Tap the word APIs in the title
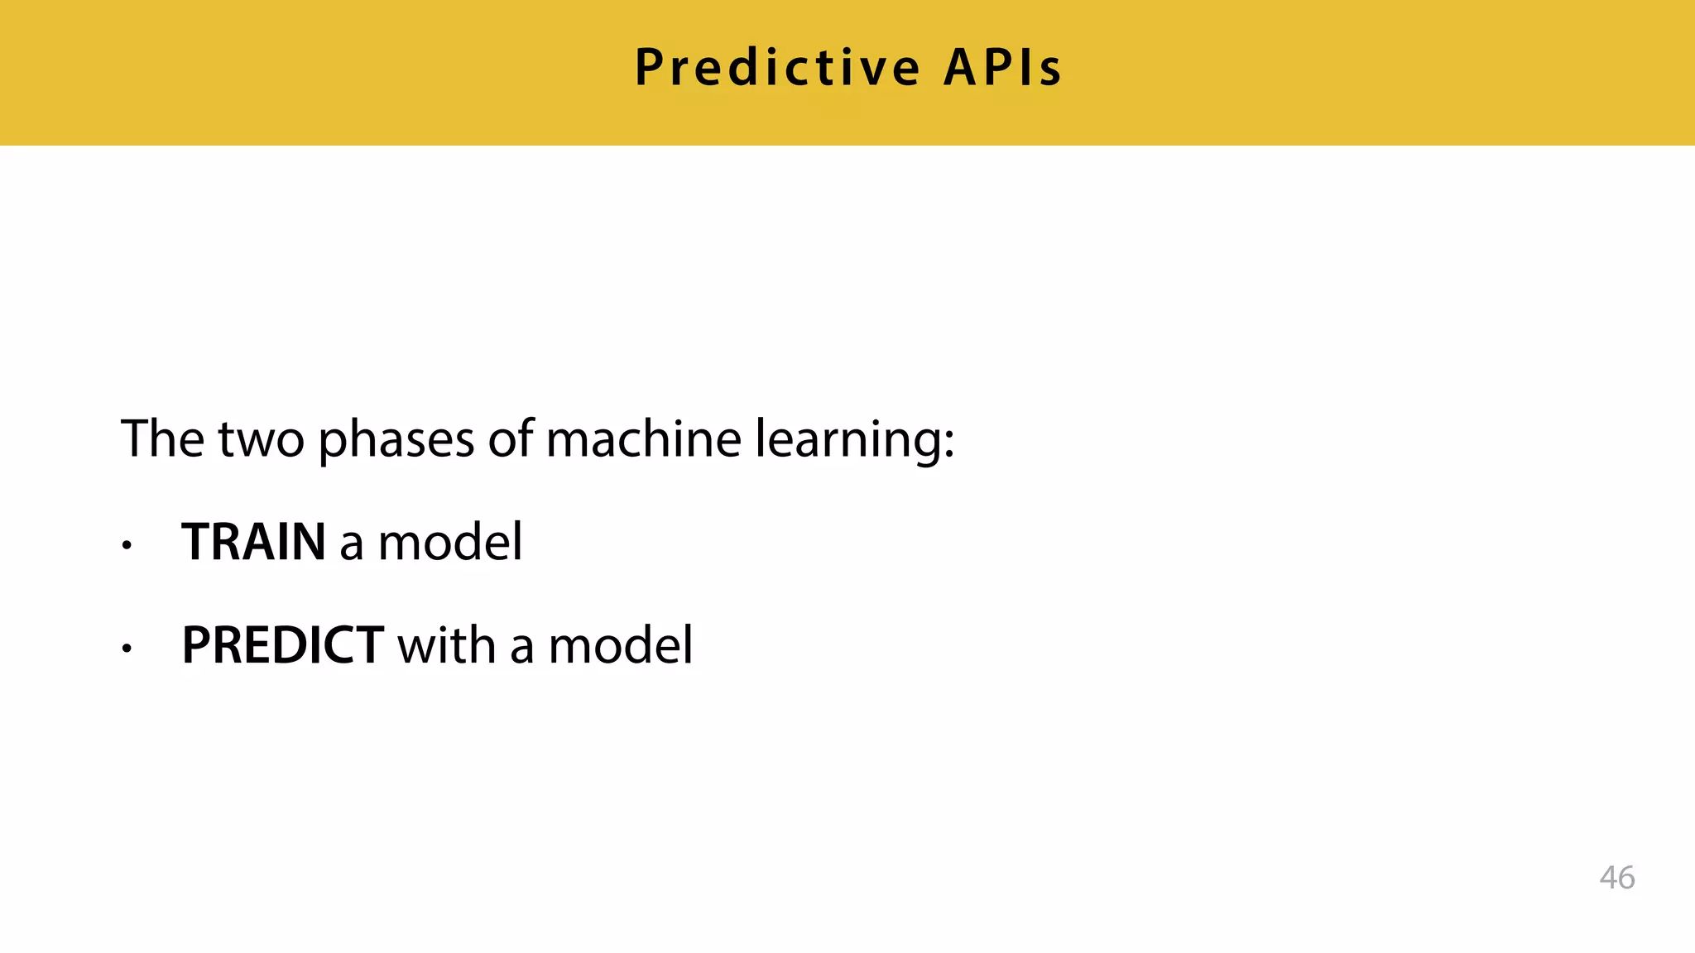point(1002,68)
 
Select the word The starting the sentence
point(162,438)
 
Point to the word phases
point(396,440)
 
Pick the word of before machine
point(510,438)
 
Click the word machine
point(643,438)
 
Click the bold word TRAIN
point(253,543)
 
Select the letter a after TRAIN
point(351,546)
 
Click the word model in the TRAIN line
point(450,543)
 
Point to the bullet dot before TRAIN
point(126,546)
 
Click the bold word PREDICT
point(282,646)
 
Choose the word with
point(446,646)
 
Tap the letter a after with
point(521,649)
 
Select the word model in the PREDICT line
point(621,646)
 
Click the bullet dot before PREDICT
point(126,649)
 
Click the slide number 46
point(1616,878)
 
